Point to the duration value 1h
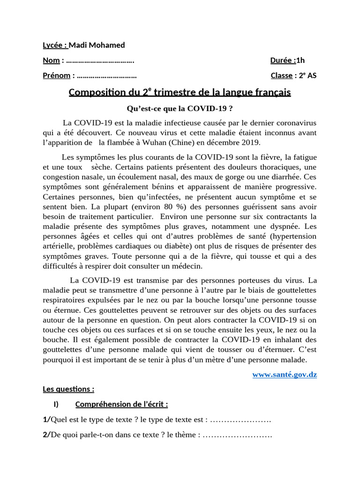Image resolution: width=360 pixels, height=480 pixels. [300, 60]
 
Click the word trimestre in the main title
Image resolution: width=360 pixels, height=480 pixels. [174, 92]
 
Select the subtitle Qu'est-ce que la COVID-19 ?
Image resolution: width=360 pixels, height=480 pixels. [180, 109]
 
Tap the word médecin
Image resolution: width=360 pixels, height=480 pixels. [187, 266]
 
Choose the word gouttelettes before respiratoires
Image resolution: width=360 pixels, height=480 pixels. [294, 291]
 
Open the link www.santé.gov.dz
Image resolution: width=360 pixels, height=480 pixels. [285, 375]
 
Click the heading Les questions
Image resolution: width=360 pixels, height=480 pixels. [68, 389]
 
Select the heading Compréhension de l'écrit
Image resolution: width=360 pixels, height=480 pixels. [121, 405]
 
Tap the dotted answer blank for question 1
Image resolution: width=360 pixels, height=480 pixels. [241, 420]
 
